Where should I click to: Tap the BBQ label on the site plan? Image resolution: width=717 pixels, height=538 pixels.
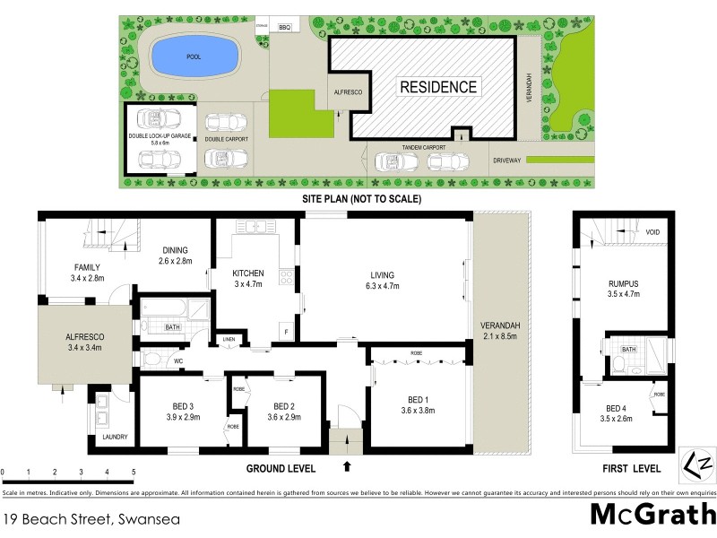click(287, 28)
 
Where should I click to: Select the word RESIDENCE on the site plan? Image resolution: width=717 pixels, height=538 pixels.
click(438, 87)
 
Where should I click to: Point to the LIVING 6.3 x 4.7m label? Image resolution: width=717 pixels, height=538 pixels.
click(383, 280)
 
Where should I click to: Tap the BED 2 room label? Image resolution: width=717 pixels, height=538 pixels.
click(284, 404)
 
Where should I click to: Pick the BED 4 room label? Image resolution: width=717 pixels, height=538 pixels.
click(616, 409)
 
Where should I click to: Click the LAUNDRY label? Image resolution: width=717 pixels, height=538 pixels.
click(115, 438)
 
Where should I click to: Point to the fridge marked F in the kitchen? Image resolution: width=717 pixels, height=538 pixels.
click(286, 332)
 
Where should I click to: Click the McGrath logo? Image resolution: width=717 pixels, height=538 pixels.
click(652, 516)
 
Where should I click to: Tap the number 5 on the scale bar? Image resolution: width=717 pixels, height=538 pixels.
click(133, 471)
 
